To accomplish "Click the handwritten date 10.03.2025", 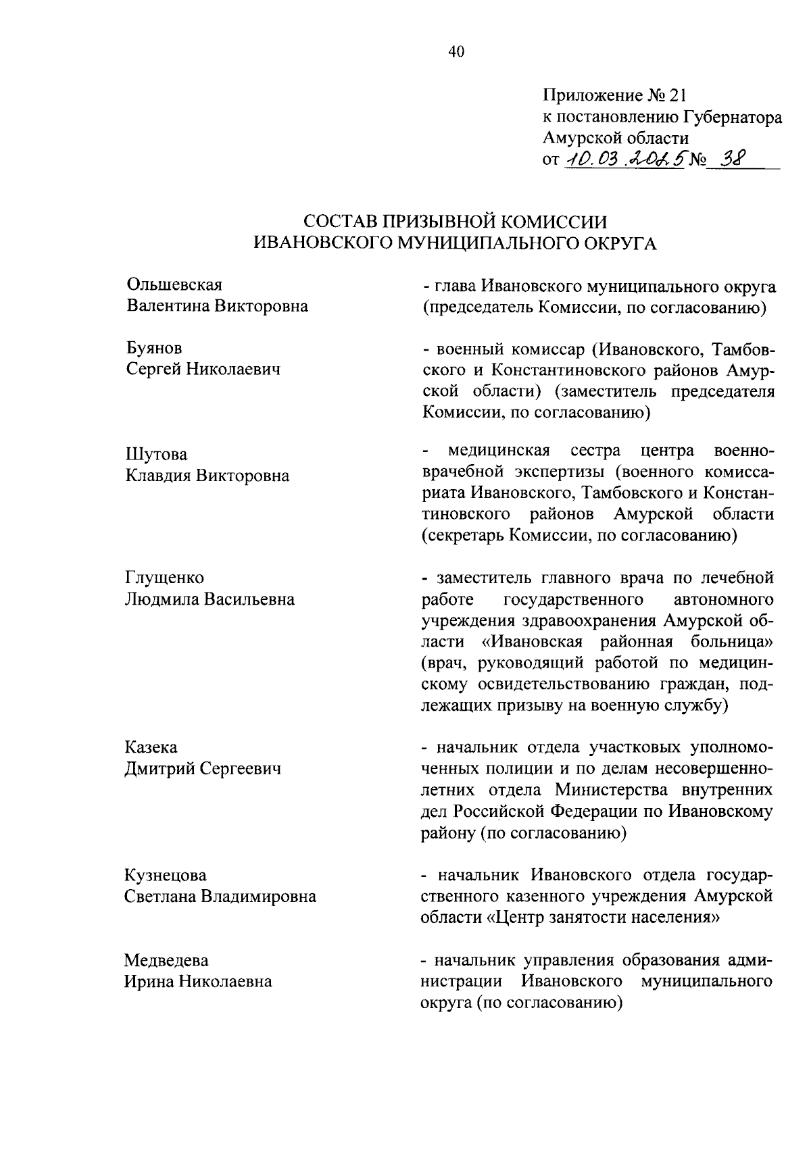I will pyautogui.click(x=624, y=160).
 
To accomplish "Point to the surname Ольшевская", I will pyautogui.click(x=174, y=285).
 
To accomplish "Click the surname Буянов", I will pyautogui.click(x=154, y=348).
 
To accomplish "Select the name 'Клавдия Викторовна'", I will pyautogui.click(x=207, y=476).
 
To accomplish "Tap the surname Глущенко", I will pyautogui.click(x=164, y=578).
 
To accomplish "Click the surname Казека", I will pyautogui.click(x=151, y=747).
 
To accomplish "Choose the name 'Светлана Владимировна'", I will pyautogui.click(x=220, y=897).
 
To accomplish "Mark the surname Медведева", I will pyautogui.click(x=166, y=960).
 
